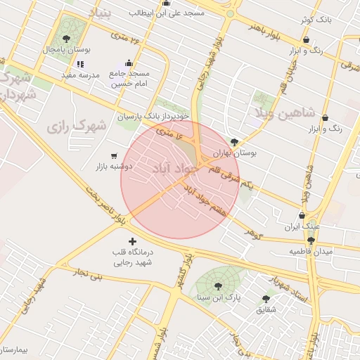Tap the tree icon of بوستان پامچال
[67, 39]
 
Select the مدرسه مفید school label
[77, 75]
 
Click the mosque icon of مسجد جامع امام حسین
[129, 63]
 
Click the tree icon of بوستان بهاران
[244, 141]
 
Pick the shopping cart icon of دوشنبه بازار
[115, 155]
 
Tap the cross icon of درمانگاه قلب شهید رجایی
[132, 243]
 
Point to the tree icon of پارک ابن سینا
[217, 285]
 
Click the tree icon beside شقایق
[266, 298]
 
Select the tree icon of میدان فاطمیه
[311, 240]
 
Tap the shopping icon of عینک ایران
[302, 216]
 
